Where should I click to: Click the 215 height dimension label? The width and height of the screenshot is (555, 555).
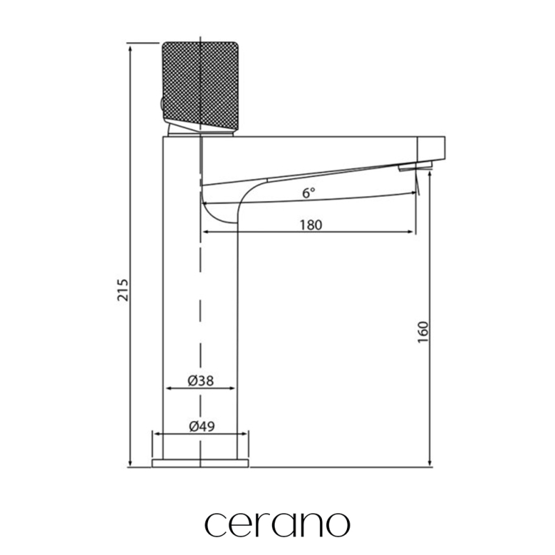(x=123, y=290)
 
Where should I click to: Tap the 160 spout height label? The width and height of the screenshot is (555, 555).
(x=423, y=332)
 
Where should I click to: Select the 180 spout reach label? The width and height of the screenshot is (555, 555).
(x=311, y=225)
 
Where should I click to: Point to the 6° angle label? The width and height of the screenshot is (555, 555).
(x=308, y=193)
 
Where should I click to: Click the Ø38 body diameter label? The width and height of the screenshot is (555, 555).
(x=200, y=380)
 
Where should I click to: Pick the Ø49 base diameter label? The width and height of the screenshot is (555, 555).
(x=202, y=426)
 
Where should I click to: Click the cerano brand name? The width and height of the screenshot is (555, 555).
(x=277, y=524)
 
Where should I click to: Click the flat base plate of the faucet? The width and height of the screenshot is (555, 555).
(x=200, y=463)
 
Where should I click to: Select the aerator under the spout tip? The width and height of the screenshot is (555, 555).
(x=416, y=166)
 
